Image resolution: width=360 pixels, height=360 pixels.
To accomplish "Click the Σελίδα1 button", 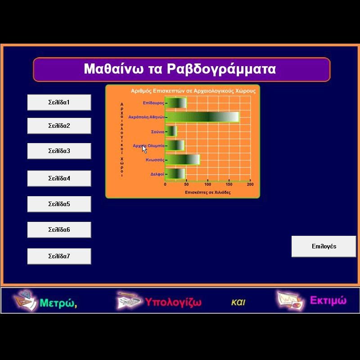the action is click(x=59, y=103).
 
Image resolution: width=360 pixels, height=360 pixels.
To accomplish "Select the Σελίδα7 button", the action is click(x=59, y=256).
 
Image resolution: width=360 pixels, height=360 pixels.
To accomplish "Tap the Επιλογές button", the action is click(x=324, y=246).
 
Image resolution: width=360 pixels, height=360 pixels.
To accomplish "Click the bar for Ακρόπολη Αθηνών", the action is click(x=202, y=117).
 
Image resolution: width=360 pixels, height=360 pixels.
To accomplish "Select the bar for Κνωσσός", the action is click(x=183, y=160).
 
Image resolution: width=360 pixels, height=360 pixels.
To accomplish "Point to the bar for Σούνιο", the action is click(x=171, y=131).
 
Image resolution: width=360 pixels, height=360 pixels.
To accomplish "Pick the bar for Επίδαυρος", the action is click(x=176, y=103).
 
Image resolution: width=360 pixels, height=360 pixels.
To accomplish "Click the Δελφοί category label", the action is click(x=157, y=174).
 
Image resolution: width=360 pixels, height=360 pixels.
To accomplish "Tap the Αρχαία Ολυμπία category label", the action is click(x=149, y=146).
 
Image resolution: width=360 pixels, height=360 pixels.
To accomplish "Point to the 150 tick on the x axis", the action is click(x=229, y=184).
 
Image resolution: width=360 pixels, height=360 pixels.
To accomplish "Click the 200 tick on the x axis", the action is click(x=250, y=184).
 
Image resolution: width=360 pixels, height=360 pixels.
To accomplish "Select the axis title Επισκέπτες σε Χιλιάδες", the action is click(x=208, y=193).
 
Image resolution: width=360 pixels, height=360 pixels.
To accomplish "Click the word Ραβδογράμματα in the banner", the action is click(x=221, y=69).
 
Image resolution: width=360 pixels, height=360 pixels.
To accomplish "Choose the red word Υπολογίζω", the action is click(x=173, y=302).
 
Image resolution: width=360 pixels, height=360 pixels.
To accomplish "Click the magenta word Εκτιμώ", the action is click(x=328, y=300).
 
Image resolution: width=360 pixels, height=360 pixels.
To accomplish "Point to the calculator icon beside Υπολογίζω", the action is click(x=128, y=300).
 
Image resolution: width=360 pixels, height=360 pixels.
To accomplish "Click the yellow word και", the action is click(x=238, y=302).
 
